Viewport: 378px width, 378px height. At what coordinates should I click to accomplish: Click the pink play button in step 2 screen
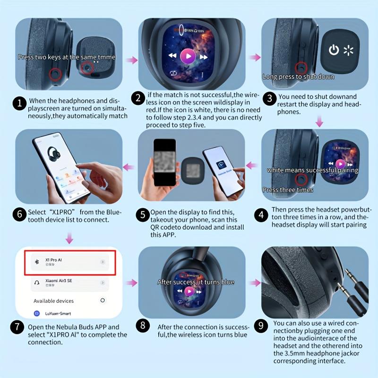tap(188, 57)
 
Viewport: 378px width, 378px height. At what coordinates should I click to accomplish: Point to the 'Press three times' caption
tap(288, 190)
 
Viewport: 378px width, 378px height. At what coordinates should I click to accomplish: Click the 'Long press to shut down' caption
tap(298, 77)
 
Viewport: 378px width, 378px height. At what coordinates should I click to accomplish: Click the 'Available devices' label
tap(53, 301)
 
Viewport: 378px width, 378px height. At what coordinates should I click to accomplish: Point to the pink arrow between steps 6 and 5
tap(129, 166)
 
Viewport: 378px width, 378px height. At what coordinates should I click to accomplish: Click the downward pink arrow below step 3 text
tap(319, 122)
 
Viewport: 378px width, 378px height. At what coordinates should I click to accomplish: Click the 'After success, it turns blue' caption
tap(196, 282)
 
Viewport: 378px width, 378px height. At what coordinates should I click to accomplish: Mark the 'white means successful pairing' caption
tap(312, 170)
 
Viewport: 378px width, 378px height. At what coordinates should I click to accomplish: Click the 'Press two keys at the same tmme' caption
tap(66, 57)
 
